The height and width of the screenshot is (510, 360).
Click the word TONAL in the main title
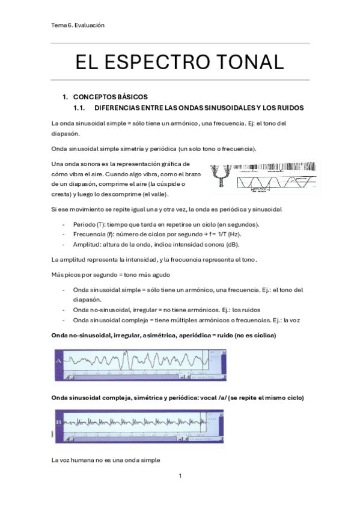251,62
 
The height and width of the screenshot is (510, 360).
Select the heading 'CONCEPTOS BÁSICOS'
109,97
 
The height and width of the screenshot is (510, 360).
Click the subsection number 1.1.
79,108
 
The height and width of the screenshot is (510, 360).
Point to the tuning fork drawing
226,176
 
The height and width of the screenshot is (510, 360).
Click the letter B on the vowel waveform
59,422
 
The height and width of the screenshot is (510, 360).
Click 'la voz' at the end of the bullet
291,320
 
